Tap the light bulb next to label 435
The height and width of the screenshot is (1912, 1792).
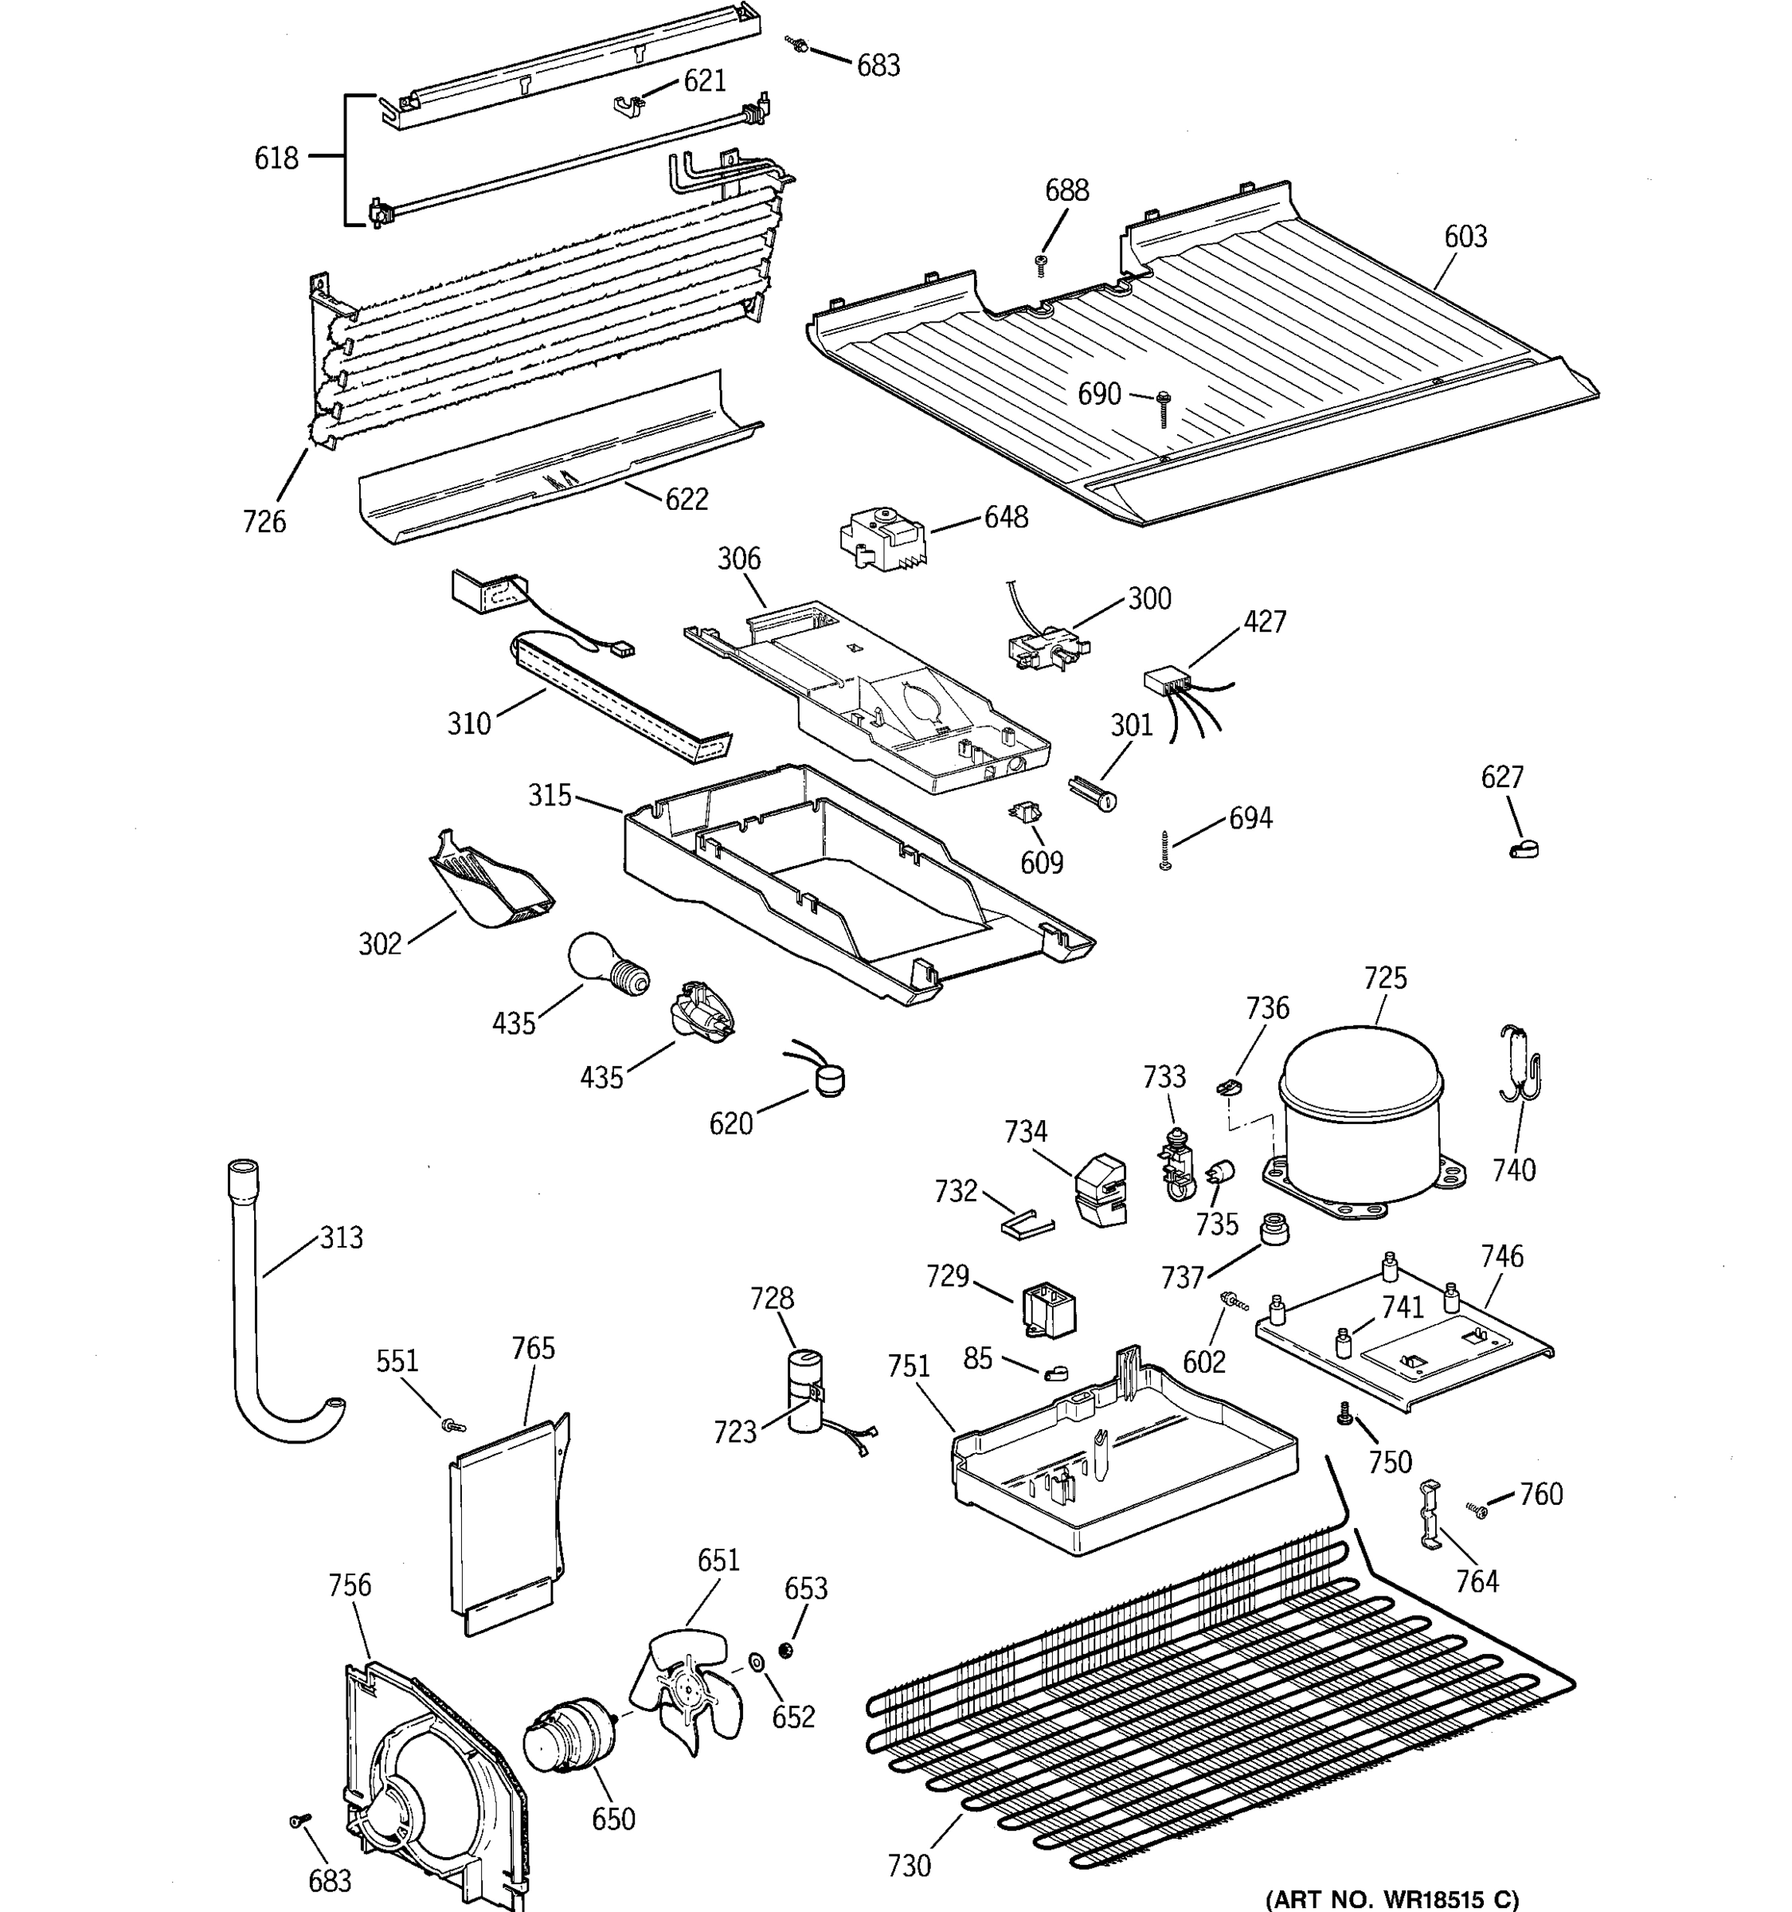point(604,965)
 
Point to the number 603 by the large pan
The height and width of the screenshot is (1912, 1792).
point(1465,237)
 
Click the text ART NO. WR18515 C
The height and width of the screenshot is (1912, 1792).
point(1392,1898)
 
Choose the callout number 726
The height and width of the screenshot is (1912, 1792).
point(264,521)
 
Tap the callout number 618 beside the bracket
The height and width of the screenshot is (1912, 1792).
point(276,158)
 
